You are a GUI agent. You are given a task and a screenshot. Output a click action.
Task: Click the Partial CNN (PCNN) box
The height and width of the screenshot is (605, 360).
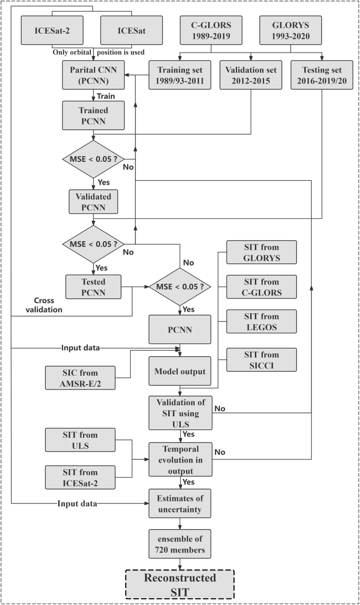pos(93,76)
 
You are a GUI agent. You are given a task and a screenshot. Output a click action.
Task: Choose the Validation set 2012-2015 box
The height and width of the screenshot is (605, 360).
pos(250,76)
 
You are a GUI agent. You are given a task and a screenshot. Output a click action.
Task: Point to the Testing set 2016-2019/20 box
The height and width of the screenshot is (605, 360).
pos(321,76)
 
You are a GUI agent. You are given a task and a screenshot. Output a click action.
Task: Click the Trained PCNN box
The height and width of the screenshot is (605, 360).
pos(93,115)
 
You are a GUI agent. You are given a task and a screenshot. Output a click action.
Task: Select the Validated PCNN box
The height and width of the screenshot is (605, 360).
pos(93,201)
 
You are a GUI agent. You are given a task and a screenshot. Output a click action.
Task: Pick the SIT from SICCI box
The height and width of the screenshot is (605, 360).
pos(261,360)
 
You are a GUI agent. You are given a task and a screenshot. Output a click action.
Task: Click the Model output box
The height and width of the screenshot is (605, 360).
pos(180,371)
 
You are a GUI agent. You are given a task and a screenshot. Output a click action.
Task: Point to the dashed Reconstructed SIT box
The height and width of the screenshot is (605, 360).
pos(180,584)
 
